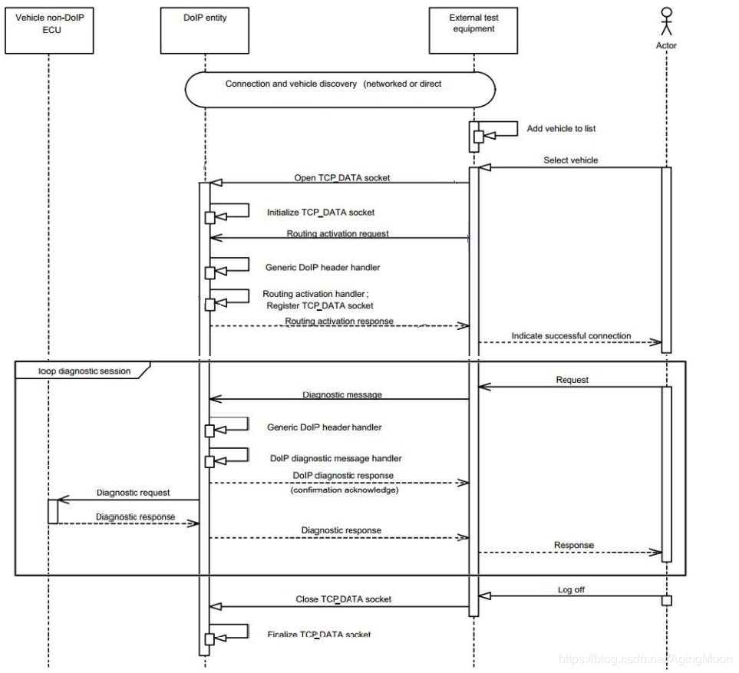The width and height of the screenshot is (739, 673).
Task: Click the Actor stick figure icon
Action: pos(666,21)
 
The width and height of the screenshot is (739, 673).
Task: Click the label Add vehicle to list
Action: pos(561,129)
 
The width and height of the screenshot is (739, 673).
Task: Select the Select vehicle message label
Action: pos(570,160)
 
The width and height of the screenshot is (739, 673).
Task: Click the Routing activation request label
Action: pos(338,233)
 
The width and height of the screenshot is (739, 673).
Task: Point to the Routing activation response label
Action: pos(339,321)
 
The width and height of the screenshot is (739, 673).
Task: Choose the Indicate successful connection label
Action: pos(571,335)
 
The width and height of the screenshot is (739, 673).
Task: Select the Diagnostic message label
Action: pos(342,394)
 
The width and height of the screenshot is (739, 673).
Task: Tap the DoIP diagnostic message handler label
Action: pos(335,458)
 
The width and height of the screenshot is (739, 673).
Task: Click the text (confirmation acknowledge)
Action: pos(344,490)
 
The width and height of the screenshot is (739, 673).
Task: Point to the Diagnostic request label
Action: pos(133,493)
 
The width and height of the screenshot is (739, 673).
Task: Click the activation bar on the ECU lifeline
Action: pos(53,511)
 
